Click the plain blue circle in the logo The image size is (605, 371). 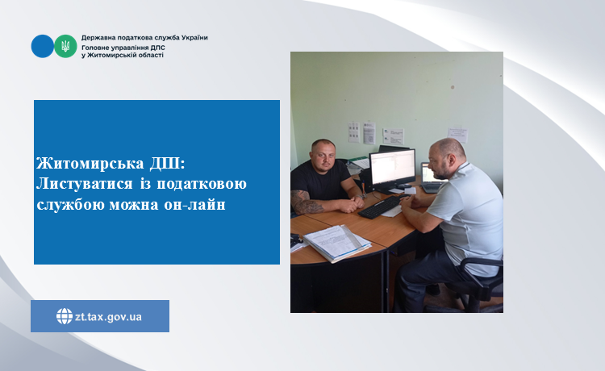43,46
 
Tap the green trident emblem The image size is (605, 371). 65,46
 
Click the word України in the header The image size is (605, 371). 194,38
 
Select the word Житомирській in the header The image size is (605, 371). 109,55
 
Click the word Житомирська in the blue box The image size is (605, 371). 90,164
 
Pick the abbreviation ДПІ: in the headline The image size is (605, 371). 167,164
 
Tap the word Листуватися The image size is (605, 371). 85,184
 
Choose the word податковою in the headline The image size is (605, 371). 202,185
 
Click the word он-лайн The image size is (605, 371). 195,204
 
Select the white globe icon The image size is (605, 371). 65,316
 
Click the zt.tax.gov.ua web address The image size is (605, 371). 108,317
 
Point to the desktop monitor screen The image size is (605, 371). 392,167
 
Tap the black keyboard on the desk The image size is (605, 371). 381,207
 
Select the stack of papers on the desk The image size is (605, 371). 336,243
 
